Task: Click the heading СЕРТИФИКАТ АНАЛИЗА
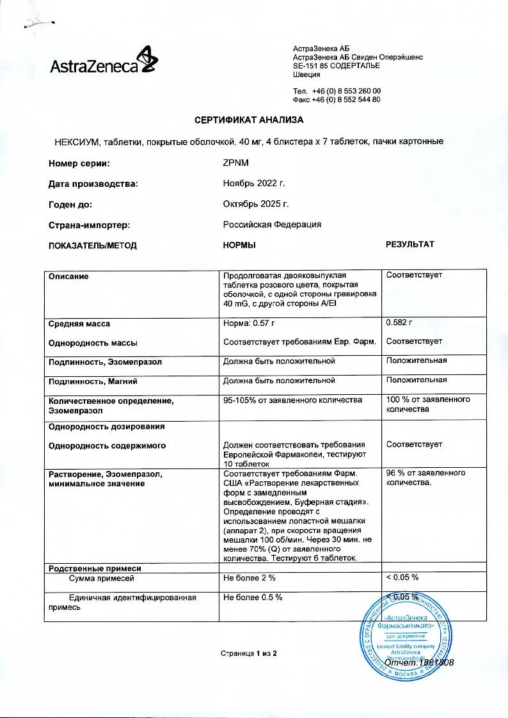point(249,120)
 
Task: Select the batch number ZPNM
point(235,164)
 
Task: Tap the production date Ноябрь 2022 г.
point(253,184)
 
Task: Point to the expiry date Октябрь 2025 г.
point(256,204)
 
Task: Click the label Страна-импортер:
point(89,225)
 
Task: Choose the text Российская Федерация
point(272,225)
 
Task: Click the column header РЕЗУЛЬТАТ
point(409,244)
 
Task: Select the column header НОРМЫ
point(239,245)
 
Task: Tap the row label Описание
point(68,276)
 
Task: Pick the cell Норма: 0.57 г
point(253,324)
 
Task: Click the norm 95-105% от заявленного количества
point(292,400)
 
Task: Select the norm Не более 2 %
point(250,577)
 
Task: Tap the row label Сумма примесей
point(101,577)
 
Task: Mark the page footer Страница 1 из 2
point(249,653)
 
